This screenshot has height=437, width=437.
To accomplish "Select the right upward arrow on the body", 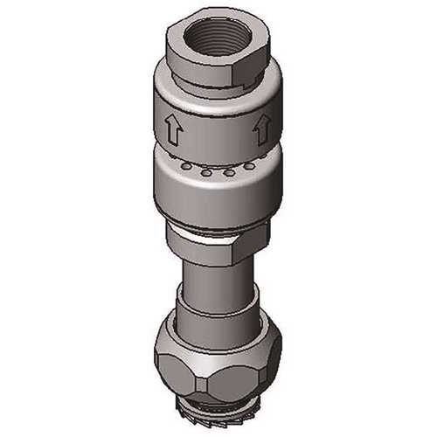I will [x=260, y=131].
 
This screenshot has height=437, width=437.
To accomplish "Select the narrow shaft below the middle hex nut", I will [x=214, y=284].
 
